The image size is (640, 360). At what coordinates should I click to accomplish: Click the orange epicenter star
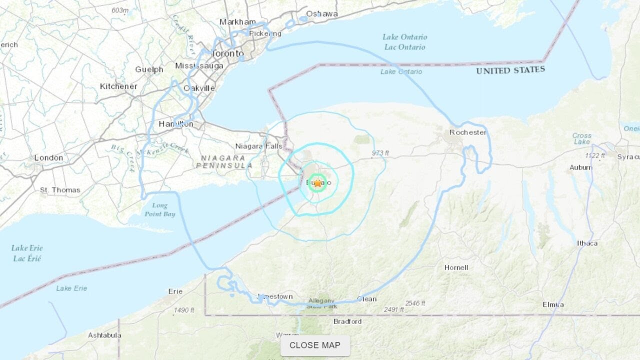click(x=317, y=183)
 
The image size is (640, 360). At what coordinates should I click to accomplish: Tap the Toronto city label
click(x=227, y=53)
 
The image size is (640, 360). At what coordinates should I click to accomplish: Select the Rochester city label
click(x=467, y=132)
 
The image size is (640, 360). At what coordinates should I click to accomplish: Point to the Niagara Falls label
click(x=259, y=146)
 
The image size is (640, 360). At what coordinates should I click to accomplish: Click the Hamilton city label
click(x=175, y=123)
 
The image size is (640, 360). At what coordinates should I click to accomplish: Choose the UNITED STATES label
click(x=510, y=70)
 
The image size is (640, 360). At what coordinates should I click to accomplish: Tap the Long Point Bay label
click(x=160, y=209)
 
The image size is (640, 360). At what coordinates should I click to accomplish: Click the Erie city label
click(x=175, y=291)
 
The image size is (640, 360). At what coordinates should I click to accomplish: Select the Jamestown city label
click(x=275, y=296)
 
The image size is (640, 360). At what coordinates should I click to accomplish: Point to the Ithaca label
click(x=587, y=243)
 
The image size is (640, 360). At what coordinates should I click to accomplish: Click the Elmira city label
click(x=553, y=304)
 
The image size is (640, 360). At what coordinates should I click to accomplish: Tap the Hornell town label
click(x=456, y=267)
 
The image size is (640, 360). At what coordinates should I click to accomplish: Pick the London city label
click(x=48, y=158)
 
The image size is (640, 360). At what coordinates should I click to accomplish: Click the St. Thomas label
click(x=60, y=190)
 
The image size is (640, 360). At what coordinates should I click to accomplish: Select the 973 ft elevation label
click(x=380, y=153)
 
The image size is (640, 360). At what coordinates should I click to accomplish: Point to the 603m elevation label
click(x=120, y=10)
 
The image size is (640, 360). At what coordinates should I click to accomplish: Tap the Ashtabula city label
click(x=104, y=335)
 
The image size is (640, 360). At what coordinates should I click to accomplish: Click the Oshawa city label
click(x=321, y=13)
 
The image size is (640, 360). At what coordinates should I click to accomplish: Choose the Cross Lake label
click(x=582, y=138)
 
